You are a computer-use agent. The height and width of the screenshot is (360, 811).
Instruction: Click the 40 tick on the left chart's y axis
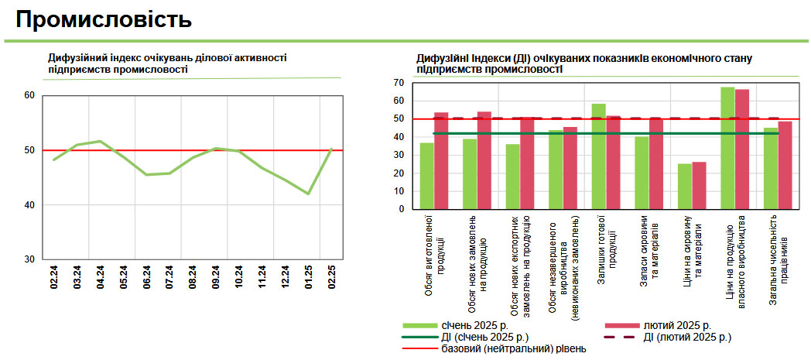pos(29,205)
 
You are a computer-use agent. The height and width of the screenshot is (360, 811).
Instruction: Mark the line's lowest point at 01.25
pos(309,194)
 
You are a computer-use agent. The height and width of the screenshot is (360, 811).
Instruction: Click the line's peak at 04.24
pos(100,141)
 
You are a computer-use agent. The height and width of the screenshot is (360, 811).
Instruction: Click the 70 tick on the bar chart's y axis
pos(399,82)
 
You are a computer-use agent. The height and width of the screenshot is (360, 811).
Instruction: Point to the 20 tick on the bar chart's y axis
pos(399,173)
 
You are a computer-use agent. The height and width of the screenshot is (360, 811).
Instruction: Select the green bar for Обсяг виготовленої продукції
pos(426,176)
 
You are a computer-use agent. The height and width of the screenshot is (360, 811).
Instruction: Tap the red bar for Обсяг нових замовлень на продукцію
pos(484,160)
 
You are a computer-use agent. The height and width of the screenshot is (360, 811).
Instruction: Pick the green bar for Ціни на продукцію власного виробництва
pos(727,148)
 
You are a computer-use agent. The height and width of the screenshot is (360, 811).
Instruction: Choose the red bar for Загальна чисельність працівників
pos(785,165)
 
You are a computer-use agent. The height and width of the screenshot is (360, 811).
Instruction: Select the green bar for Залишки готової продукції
pos(598,156)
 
